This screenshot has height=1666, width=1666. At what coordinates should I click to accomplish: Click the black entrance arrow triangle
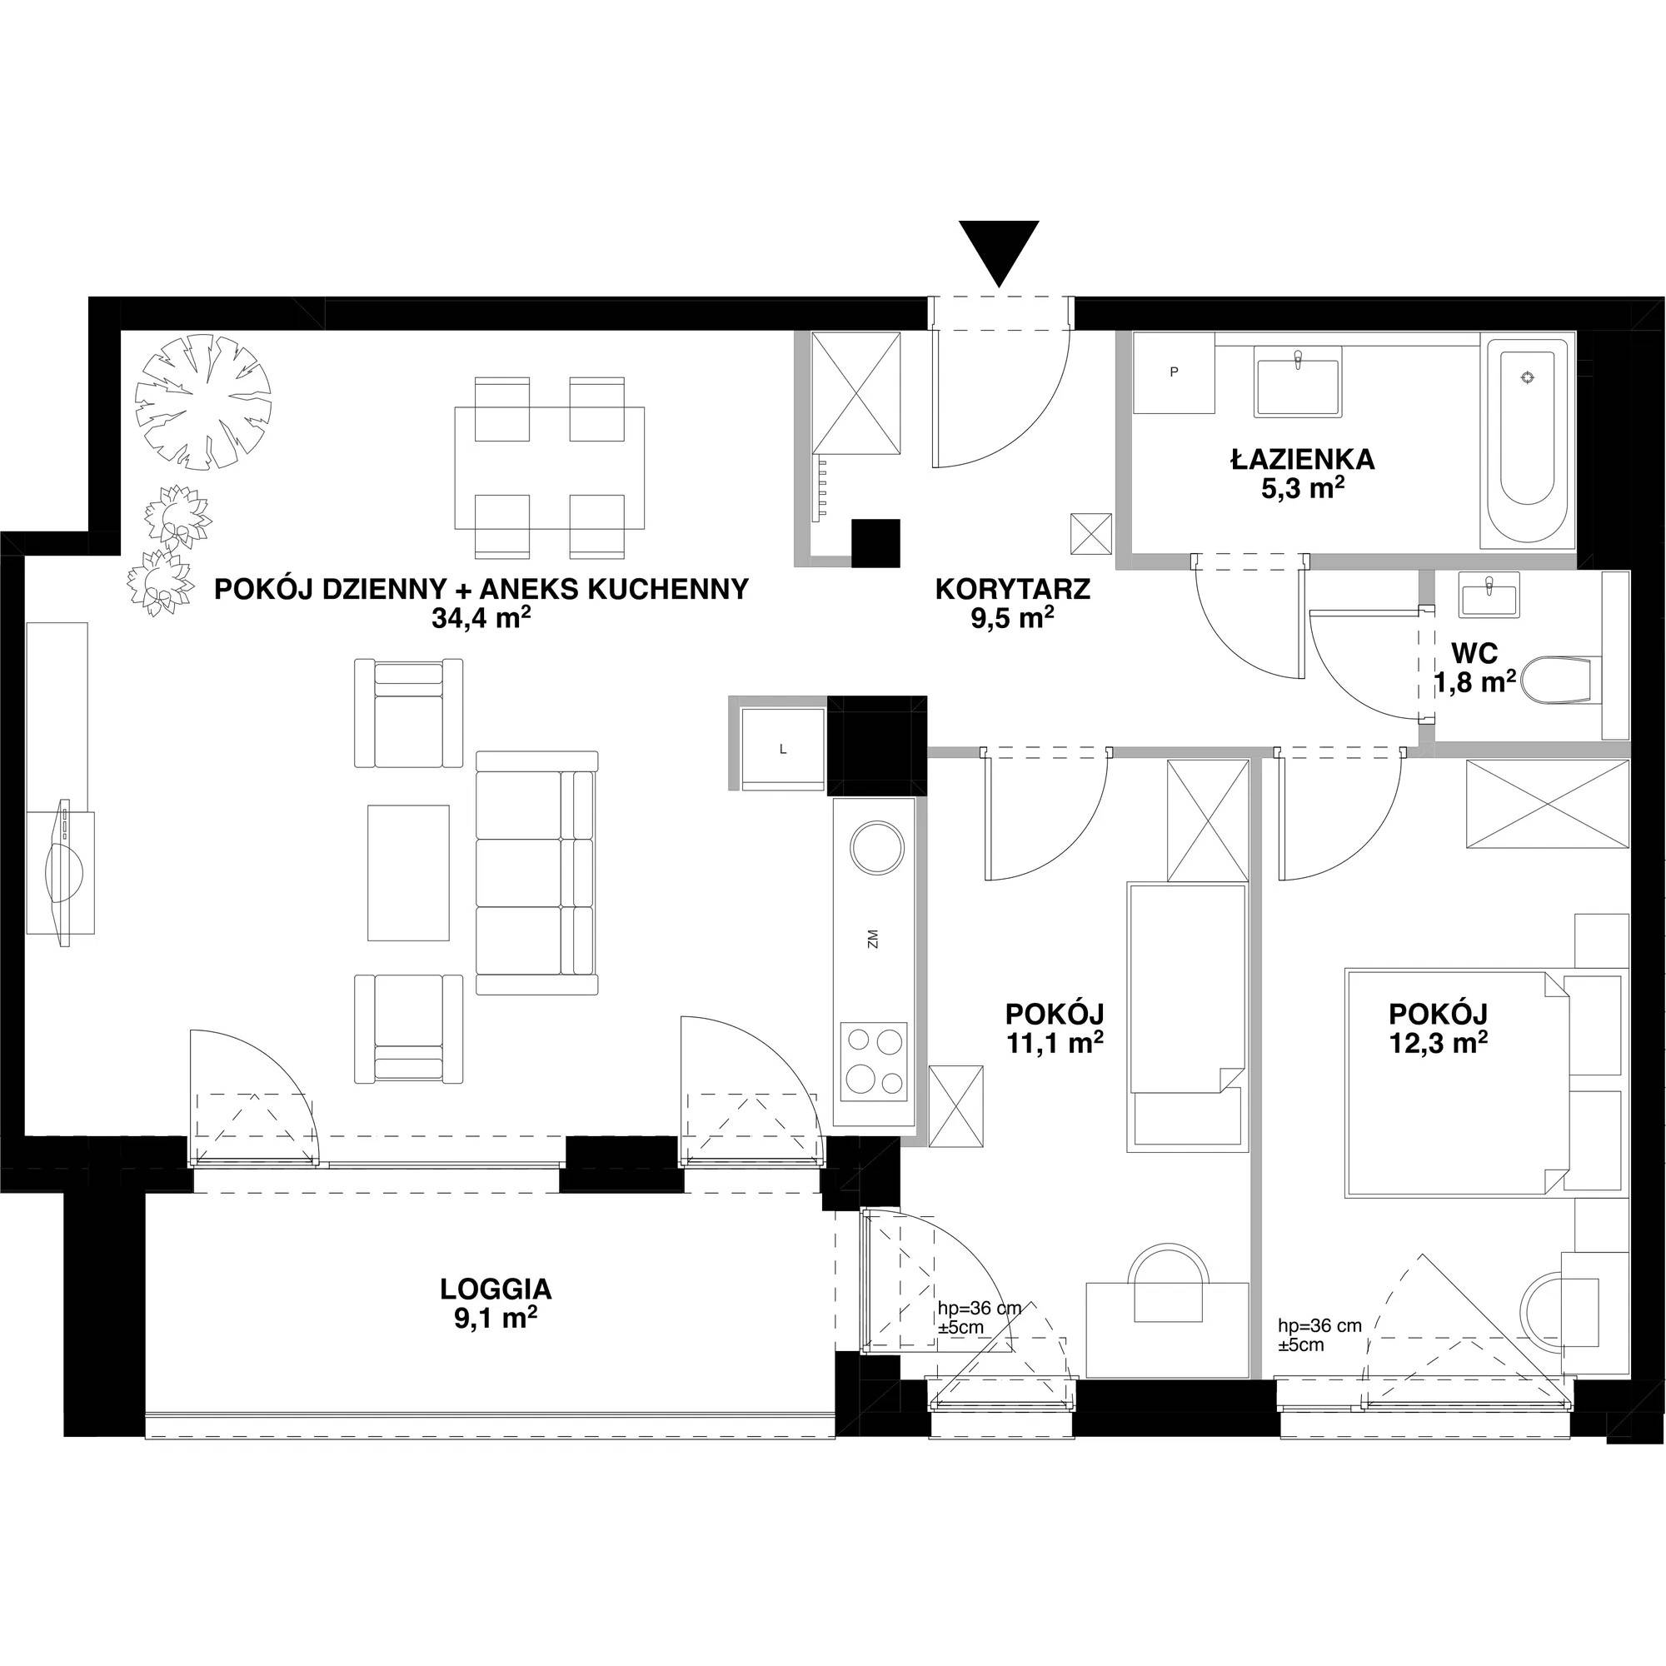tap(999, 250)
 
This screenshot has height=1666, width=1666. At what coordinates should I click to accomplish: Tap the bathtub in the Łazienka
tap(1528, 443)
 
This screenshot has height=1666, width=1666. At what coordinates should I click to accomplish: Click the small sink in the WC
tap(1490, 594)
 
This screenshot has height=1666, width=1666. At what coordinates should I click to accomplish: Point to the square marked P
tap(1174, 372)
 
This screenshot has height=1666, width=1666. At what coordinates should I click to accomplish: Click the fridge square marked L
tap(783, 749)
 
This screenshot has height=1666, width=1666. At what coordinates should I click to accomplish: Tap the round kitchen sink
tap(877, 846)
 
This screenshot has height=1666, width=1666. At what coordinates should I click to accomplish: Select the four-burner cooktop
tap(875, 1060)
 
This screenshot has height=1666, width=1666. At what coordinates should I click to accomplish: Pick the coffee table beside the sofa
tap(409, 872)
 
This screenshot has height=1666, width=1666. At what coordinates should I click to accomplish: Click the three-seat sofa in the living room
tap(536, 873)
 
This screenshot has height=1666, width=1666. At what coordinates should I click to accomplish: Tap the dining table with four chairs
tap(549, 467)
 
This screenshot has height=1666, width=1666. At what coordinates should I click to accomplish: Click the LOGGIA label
tap(495, 1289)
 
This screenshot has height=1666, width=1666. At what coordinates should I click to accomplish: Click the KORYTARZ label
tap(1012, 590)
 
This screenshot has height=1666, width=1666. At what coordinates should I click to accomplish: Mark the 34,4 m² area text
tap(481, 618)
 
